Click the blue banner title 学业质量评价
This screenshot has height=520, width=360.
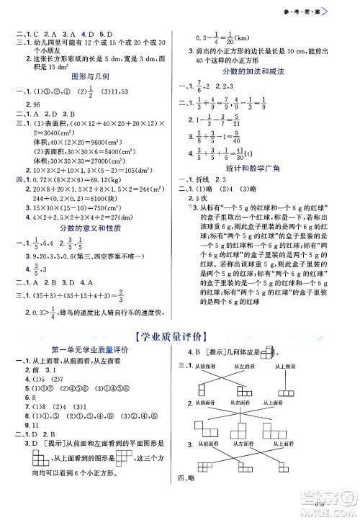(179, 335)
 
